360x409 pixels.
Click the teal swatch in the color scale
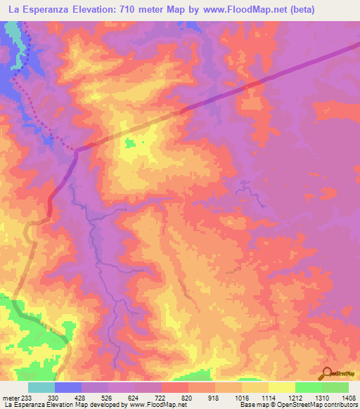pos(41,387)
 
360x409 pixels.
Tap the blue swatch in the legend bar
pos(67,387)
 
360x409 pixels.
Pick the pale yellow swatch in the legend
pos(281,387)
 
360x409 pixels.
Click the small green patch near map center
pos(130,143)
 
